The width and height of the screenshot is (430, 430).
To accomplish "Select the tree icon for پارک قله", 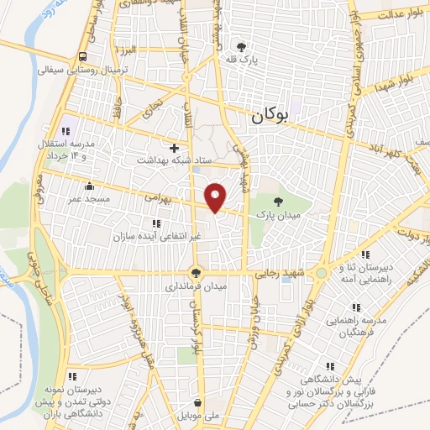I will pyautogui.click(x=242, y=46).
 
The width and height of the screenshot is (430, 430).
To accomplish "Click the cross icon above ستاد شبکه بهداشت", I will pyautogui.click(x=174, y=148).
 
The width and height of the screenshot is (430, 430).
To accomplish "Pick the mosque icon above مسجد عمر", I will pyautogui.click(x=88, y=186).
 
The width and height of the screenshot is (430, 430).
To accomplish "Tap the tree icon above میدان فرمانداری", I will pyautogui.click(x=196, y=273).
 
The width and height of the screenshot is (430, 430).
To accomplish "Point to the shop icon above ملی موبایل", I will pyautogui.click(x=197, y=402).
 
